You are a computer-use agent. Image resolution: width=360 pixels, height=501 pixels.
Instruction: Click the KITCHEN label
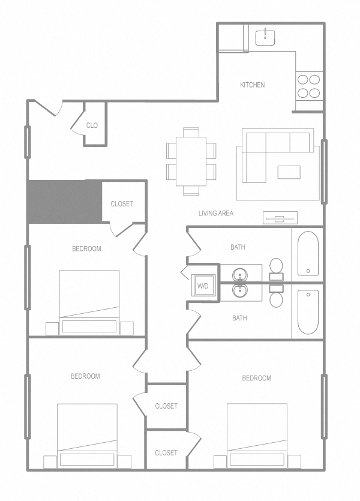click(252, 85)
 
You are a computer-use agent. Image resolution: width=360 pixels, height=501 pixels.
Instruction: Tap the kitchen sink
click(265, 37)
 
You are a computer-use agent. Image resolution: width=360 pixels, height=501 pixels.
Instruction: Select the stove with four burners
click(309, 85)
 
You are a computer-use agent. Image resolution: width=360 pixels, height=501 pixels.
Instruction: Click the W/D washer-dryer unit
click(203, 286)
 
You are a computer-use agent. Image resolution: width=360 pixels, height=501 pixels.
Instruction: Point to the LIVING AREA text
click(216, 213)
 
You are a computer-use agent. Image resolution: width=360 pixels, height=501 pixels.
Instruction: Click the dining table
click(191, 160)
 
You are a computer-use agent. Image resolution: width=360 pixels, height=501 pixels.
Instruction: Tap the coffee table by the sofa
click(289, 172)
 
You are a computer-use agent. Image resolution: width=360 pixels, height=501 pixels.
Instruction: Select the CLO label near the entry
click(92, 125)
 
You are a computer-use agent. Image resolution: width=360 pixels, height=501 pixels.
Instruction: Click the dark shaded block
click(64, 201)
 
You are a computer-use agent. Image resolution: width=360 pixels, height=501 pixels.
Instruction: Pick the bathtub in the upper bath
click(307, 252)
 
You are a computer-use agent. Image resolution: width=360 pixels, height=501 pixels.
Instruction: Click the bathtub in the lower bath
click(307, 311)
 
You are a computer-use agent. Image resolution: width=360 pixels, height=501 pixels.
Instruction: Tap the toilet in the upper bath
click(276, 266)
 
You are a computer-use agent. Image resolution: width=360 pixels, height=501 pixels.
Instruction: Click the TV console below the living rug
click(280, 218)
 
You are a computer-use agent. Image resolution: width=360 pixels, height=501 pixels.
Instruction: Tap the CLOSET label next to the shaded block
click(122, 204)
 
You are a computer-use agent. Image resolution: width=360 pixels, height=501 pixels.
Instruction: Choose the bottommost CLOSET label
click(166, 453)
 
